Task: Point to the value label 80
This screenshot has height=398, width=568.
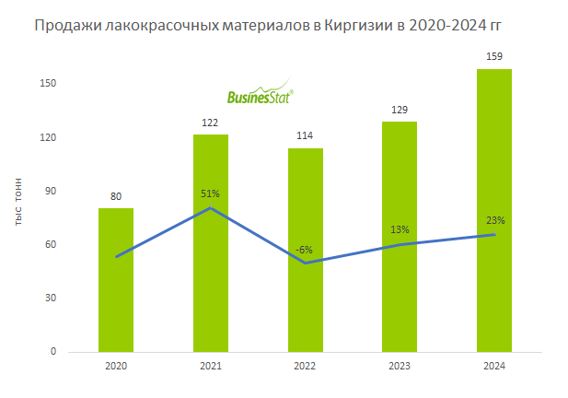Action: (116, 195)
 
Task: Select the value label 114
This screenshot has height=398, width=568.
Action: (306, 135)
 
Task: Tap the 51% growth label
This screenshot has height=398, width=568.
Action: (211, 193)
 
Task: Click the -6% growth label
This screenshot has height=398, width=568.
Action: (306, 249)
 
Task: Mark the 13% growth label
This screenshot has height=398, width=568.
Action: (400, 229)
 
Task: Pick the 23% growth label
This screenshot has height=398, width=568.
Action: (495, 220)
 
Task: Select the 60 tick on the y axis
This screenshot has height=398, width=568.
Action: (52, 245)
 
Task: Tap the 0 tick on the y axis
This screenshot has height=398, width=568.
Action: (54, 352)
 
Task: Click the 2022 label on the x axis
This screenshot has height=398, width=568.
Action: (306, 366)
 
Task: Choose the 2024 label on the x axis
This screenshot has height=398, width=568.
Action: (494, 366)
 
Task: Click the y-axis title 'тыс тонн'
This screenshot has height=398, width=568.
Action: (20, 202)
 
